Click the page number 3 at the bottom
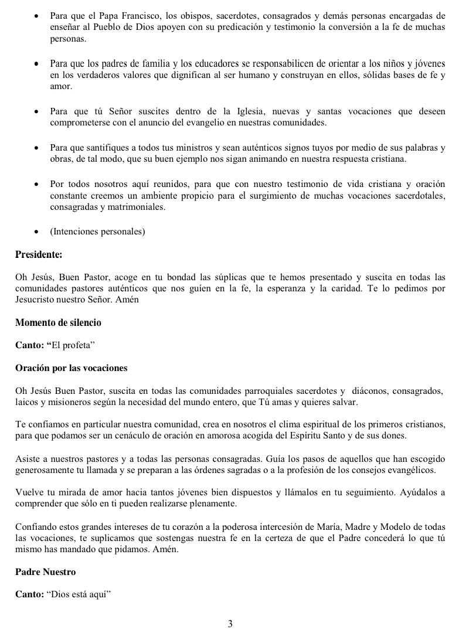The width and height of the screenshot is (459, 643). pyautogui.click(x=230, y=624)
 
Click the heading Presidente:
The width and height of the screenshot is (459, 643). pyautogui.click(x=39, y=255)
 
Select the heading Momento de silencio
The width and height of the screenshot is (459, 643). pyautogui.click(x=58, y=323)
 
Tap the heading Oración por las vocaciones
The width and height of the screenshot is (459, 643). pyautogui.click(x=71, y=368)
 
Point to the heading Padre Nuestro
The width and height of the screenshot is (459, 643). pyautogui.click(x=45, y=571)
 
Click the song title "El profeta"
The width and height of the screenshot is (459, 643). pyautogui.click(x=72, y=346)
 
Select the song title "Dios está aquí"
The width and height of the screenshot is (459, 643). pyautogui.click(x=79, y=594)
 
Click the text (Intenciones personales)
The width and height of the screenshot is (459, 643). pyautogui.click(x=97, y=232)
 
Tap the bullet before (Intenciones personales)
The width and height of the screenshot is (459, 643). pyautogui.click(x=37, y=232)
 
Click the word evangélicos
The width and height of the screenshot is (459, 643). pyautogui.click(x=411, y=470)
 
